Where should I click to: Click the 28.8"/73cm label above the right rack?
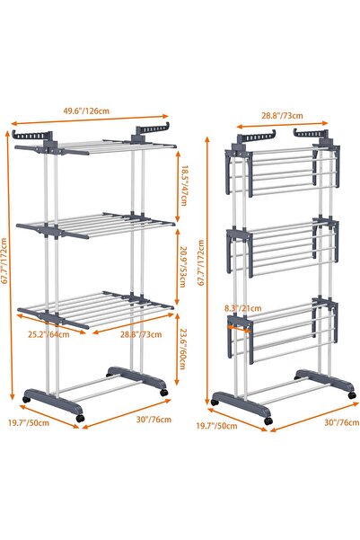tap(281, 115)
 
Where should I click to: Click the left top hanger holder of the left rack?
tap(30, 134)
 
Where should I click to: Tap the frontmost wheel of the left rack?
tap(82, 419)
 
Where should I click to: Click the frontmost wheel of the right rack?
tap(267, 420)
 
